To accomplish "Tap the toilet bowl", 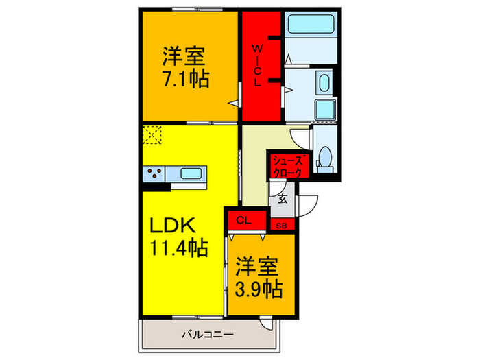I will [x=325, y=158].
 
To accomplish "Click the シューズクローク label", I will [x=287, y=167].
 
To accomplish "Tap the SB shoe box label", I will [x=281, y=225].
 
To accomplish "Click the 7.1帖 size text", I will [x=186, y=77].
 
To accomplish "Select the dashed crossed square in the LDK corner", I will [x=152, y=135].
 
